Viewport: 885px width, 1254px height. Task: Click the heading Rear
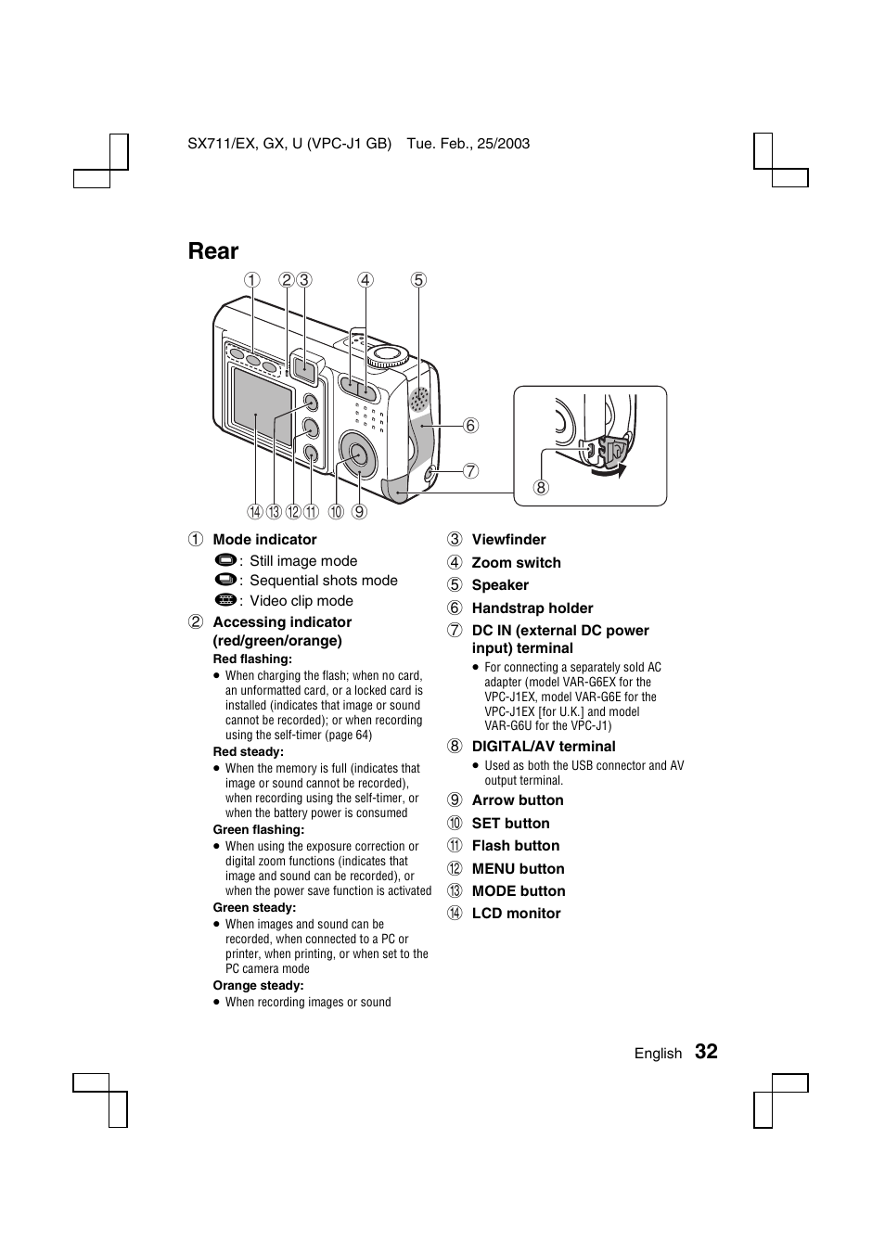212,251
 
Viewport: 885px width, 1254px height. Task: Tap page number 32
706,1051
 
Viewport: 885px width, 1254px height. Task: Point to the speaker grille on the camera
419,399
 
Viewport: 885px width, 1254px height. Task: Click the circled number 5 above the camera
418,280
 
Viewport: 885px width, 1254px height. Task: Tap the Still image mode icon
224,561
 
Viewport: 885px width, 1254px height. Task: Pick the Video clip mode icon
224,600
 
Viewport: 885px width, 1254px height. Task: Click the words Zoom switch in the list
516,562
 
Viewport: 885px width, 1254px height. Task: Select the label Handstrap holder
532,608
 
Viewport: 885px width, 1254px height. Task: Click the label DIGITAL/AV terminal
543,746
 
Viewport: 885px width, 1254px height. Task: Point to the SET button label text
510,823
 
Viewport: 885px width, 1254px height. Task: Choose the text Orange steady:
258,985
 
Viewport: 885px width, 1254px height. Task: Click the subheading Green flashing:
258,829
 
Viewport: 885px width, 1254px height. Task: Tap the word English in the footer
658,1053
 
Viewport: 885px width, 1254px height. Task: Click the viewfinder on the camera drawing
302,368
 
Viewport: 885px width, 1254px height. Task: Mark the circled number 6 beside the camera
470,426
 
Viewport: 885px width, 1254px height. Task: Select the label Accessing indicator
282,622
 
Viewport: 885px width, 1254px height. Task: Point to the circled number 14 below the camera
254,511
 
